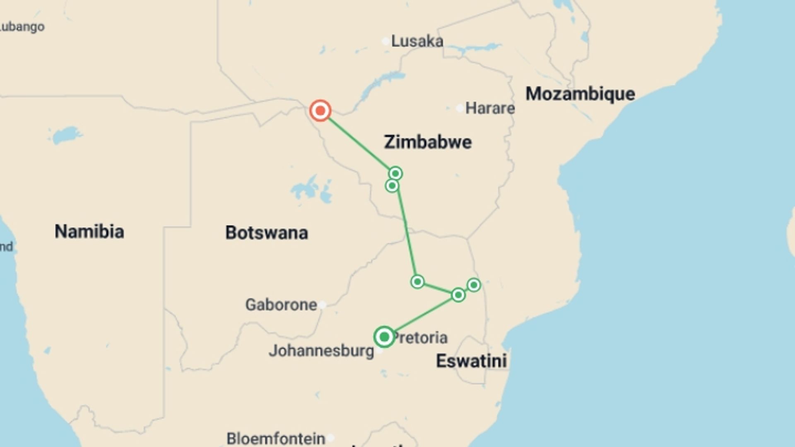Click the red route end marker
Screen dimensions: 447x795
click(320, 111)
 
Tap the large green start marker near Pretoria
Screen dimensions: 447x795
click(384, 336)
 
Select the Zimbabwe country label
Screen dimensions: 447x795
click(428, 142)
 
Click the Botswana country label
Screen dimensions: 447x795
click(266, 233)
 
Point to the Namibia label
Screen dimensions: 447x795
click(89, 231)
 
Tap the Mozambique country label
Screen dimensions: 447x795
click(580, 94)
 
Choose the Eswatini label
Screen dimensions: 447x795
click(471, 361)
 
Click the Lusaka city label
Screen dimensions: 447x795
click(417, 41)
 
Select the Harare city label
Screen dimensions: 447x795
click(490, 108)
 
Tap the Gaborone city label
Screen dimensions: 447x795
click(281, 305)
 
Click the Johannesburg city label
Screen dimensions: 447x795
click(321, 351)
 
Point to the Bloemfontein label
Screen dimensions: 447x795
click(276, 438)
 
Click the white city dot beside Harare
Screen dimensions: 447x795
click(460, 108)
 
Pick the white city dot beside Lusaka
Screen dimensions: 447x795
click(385, 41)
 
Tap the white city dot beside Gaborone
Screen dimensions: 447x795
click(322, 305)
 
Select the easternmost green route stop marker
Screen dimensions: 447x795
click(474, 285)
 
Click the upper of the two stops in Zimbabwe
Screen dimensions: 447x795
click(395, 173)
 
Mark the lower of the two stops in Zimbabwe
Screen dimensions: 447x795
click(392, 186)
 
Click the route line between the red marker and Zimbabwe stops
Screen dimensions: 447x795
click(358, 142)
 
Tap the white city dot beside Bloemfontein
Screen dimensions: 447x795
click(330, 437)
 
